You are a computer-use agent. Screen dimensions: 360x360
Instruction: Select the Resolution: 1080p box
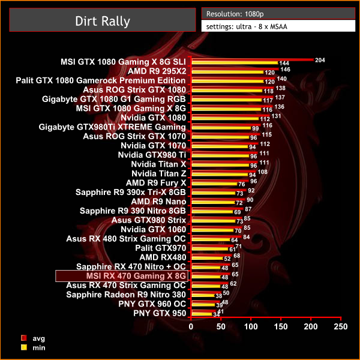pos(277,13)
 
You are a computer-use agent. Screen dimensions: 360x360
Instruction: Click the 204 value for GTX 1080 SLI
pos(320,60)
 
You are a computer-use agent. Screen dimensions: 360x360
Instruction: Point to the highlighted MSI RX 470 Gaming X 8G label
pos(122,275)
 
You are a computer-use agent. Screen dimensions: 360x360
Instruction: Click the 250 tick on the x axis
pos(340,326)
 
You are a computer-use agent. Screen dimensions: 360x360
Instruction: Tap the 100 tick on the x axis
pos(251,326)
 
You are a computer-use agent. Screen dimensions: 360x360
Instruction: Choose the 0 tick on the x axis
pos(191,326)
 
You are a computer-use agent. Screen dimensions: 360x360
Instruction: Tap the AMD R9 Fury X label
pos(156,182)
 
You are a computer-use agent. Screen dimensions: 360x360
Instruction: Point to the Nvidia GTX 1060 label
pos(153,229)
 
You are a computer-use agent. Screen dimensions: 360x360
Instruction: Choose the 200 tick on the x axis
pos(310,326)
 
